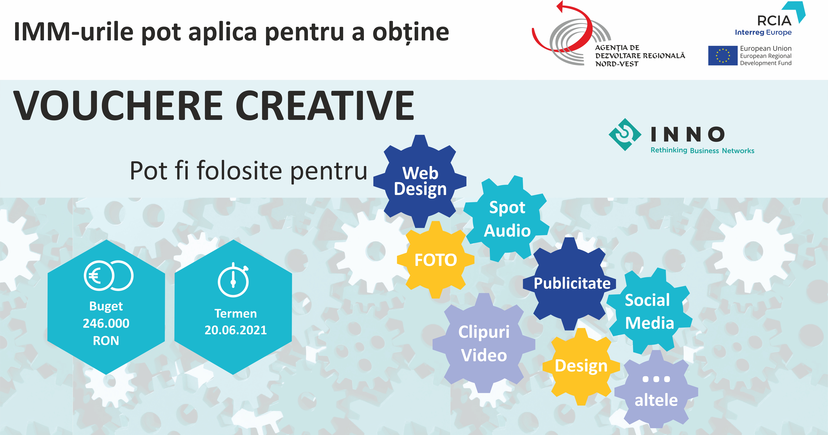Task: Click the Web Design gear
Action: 420,181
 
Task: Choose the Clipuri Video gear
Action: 484,343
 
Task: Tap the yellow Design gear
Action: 581,366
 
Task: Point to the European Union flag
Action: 723,56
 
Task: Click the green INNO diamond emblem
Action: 625,134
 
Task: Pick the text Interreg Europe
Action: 763,32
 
